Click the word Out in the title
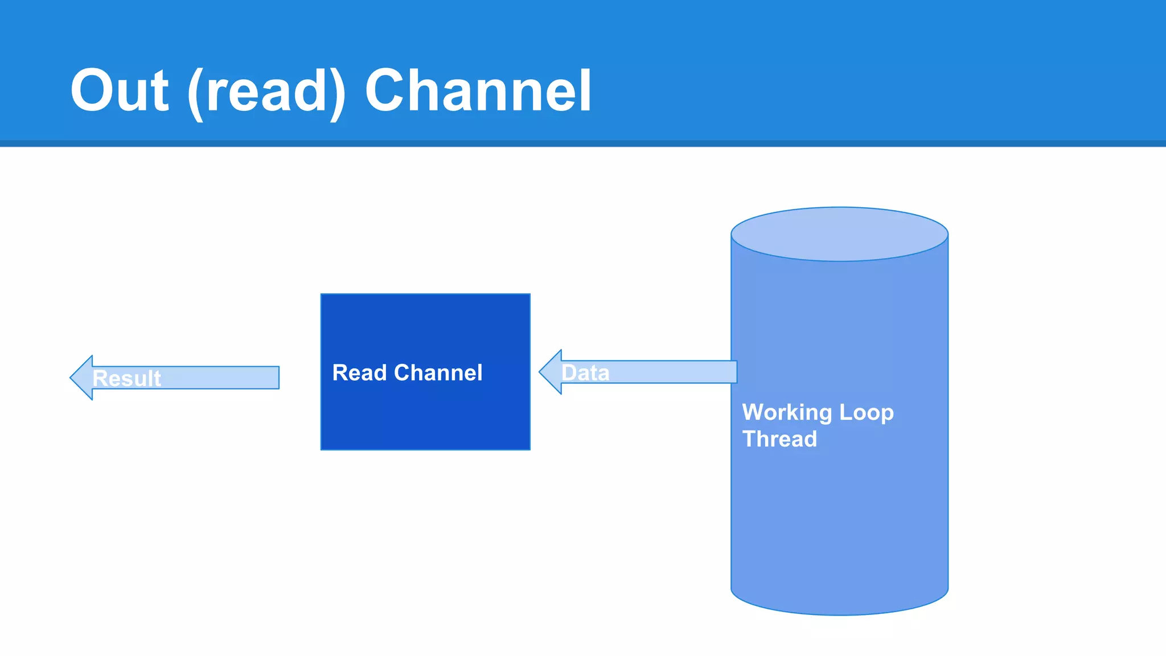(x=120, y=91)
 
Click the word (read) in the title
(x=266, y=92)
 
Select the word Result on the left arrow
(x=127, y=379)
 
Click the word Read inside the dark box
(x=360, y=373)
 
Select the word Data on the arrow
(x=585, y=373)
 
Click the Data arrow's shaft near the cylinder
(x=712, y=372)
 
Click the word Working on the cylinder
(x=787, y=412)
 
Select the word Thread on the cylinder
(x=779, y=439)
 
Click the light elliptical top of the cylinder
(x=839, y=234)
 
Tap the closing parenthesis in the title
(x=338, y=94)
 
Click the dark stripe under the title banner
(x=583, y=143)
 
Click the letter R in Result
(x=100, y=379)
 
